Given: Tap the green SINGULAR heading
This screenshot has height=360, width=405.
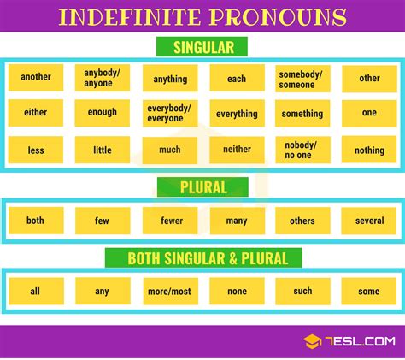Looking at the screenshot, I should tap(202, 47).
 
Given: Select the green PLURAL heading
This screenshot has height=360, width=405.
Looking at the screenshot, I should tap(202, 187).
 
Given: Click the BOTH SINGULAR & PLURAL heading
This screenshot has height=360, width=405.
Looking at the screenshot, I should tap(202, 257).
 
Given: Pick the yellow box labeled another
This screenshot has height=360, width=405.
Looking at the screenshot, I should tap(36, 77).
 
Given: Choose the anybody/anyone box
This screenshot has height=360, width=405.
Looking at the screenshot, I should tap(102, 77).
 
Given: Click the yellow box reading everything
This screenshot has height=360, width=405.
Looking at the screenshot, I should tap(237, 114).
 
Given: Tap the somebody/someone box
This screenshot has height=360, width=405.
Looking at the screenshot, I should tap(302, 77).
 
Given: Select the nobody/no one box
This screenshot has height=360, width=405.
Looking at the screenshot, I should tap(302, 150).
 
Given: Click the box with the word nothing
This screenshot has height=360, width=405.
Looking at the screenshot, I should tap(369, 150).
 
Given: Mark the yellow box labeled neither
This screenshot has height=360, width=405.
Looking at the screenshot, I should tap(237, 150).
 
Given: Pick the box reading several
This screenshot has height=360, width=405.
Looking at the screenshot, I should tap(369, 221).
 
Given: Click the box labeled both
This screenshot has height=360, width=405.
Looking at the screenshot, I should tap(36, 221).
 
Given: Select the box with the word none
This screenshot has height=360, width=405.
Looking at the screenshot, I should tap(237, 291).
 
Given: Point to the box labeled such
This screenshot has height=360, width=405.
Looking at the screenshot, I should tap(302, 291).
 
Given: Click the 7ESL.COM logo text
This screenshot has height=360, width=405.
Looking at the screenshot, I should tap(359, 341).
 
